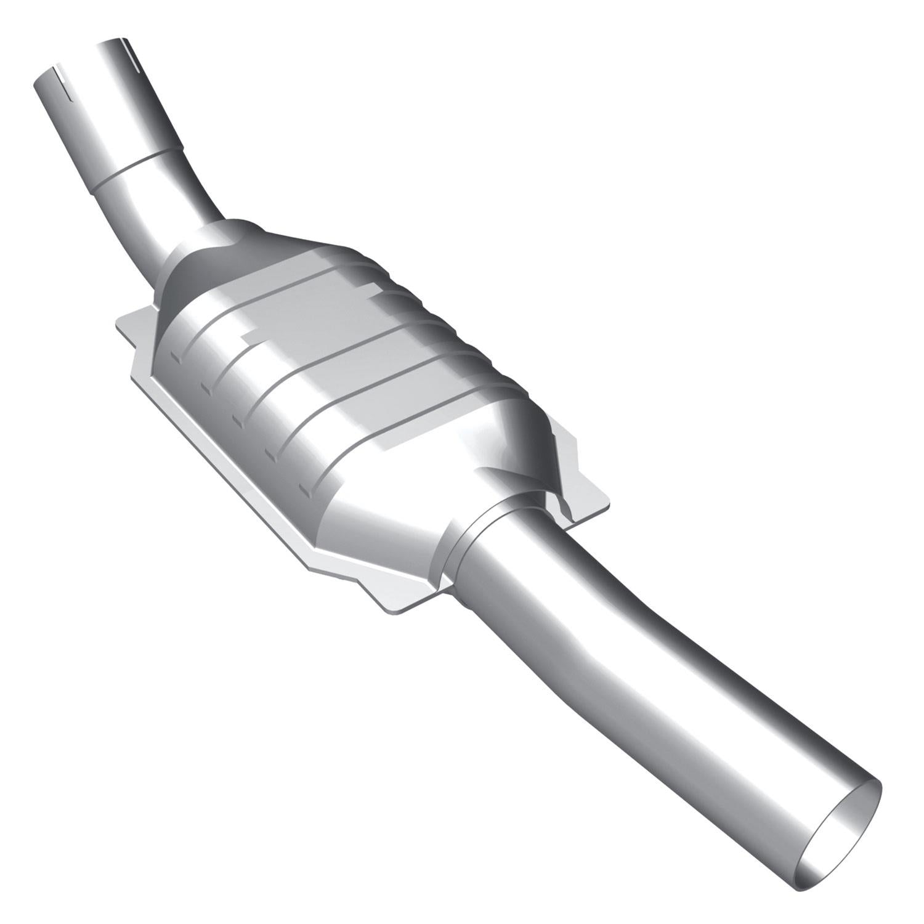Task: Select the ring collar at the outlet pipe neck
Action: point(474,530)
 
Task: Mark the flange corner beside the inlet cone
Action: point(126,320)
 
